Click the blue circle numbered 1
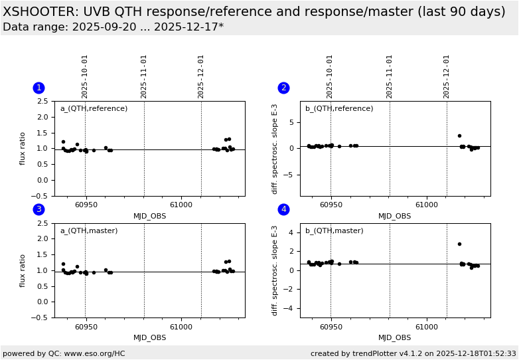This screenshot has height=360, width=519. [38, 88]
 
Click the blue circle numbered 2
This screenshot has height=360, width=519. [283, 88]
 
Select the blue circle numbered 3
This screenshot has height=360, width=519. [38, 210]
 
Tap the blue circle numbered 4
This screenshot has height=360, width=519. [283, 210]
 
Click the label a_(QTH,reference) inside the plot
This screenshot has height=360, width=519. [94, 109]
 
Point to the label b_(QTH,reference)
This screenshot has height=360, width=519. [339, 109]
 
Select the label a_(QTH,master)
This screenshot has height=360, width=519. [89, 231]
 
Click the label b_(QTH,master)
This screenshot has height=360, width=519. [334, 231]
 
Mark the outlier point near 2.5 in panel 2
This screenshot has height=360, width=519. [459, 135]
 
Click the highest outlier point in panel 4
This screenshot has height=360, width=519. [459, 244]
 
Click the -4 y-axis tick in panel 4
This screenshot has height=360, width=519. [293, 308]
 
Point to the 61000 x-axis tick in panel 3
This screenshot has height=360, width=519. [181, 327]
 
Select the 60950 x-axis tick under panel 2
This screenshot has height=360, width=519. [331, 205]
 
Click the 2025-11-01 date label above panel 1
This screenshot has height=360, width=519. [144, 76]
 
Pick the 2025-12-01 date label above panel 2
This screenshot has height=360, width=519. [447, 76]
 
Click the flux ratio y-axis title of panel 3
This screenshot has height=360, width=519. [23, 270]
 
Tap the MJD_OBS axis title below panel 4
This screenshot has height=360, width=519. [395, 338]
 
